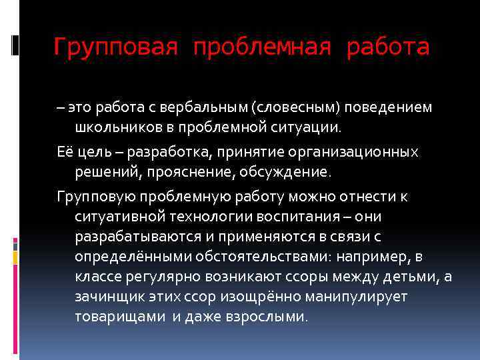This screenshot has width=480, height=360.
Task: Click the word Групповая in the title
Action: [x=115, y=47]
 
